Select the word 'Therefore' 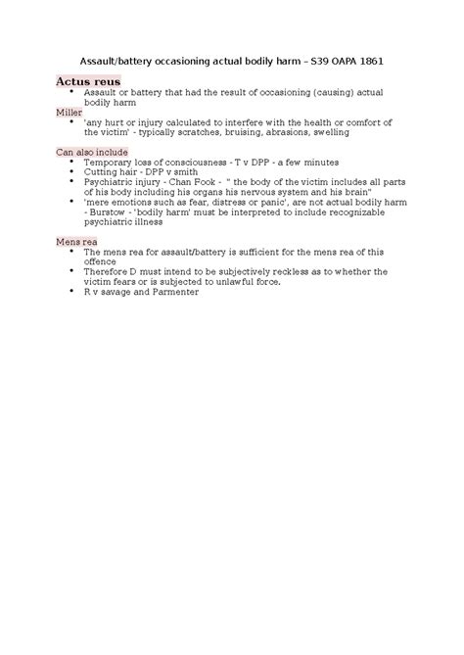(109, 270)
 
